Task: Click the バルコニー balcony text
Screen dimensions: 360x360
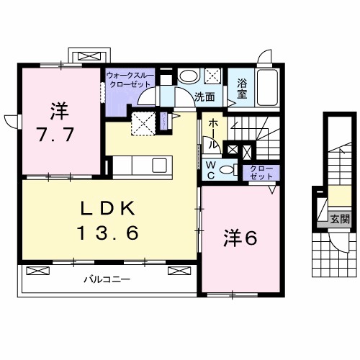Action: pyautogui.click(x=105, y=279)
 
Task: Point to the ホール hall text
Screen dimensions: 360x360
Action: pyautogui.click(x=214, y=134)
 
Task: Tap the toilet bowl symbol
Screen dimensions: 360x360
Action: pyautogui.click(x=228, y=170)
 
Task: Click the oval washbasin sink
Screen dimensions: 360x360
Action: pyautogui.click(x=189, y=77)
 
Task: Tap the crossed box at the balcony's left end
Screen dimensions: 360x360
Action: pyautogui.click(x=37, y=271)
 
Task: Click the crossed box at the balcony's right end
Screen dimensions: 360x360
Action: pyautogui.click(x=177, y=271)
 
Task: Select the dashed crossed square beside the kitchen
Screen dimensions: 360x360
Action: pyautogui.click(x=144, y=123)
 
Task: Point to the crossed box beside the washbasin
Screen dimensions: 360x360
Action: pyautogui.click(x=213, y=76)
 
